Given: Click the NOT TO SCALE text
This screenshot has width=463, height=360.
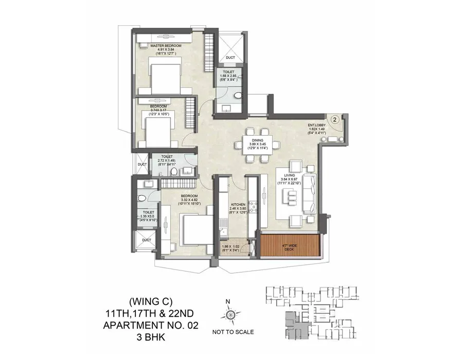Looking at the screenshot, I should [233, 332].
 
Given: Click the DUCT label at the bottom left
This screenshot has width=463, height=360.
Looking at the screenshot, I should [146, 240].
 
